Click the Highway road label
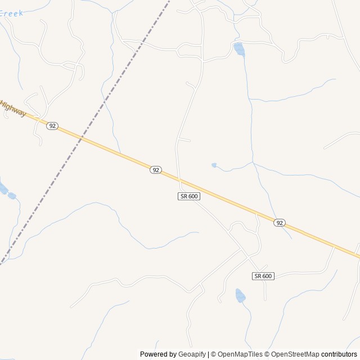tap(13, 108)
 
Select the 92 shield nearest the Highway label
tap(52, 126)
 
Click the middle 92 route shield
tap(156, 170)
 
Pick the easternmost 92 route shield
tap(280, 223)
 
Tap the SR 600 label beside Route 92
tap(189, 196)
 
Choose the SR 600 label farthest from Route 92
tap(263, 276)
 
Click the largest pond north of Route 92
tap(239, 49)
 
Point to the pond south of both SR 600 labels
tap(240, 295)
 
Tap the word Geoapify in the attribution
tap(192, 354)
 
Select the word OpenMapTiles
tap(241, 354)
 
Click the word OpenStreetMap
tap(295, 354)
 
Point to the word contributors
tap(339, 354)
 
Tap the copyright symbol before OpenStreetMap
tap(267, 354)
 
